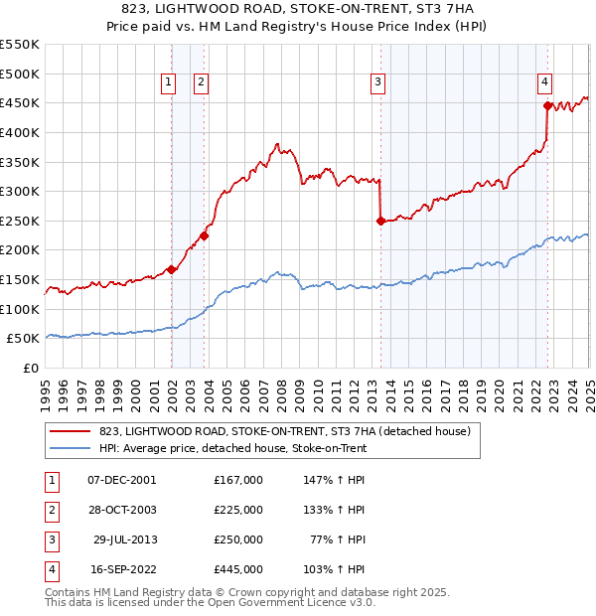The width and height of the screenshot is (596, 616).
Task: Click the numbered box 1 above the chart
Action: click(168, 82)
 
